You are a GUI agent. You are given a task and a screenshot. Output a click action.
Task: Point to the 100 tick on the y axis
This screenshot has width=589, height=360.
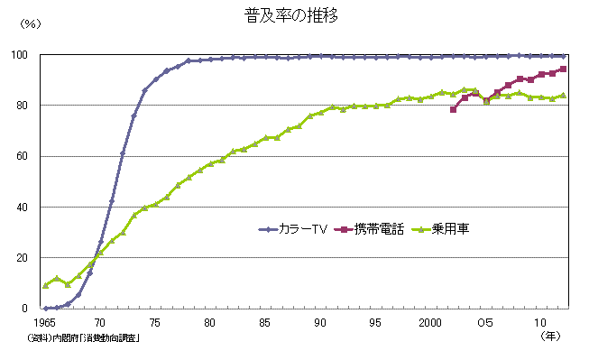point(29,55)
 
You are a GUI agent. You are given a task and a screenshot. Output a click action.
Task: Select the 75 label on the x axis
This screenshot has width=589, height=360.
point(155,322)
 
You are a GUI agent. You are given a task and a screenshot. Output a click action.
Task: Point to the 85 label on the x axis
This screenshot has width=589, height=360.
point(265,322)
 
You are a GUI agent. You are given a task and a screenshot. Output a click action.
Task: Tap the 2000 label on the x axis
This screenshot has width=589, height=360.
point(430,322)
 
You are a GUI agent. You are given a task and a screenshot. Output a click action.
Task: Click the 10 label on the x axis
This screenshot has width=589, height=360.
point(541,322)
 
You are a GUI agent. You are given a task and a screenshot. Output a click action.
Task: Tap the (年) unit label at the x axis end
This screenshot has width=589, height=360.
point(550,336)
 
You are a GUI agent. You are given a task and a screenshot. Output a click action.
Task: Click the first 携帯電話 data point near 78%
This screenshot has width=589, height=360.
point(453,110)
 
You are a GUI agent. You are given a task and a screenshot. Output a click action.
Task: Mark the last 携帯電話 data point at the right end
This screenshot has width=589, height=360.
point(563,69)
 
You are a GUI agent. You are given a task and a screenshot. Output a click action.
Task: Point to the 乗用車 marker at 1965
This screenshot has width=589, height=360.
point(45,285)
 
